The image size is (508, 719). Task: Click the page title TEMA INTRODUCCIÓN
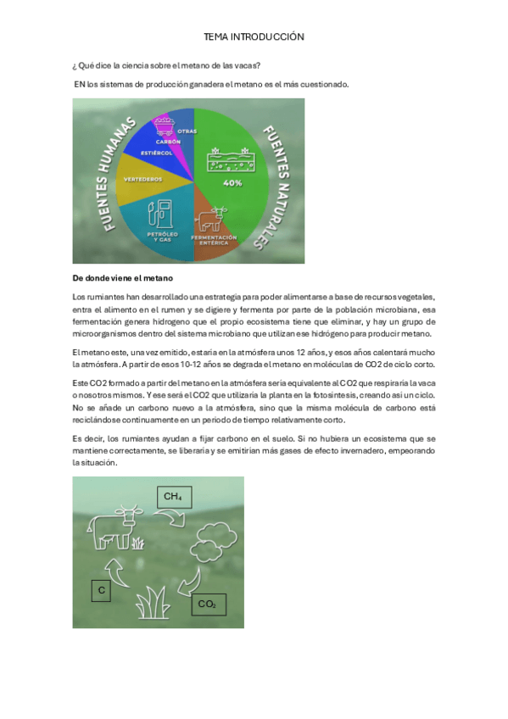(254, 37)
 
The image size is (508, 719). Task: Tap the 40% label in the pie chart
(232, 182)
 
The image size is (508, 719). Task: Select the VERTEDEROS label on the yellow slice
(142, 179)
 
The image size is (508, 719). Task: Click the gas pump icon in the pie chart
(159, 214)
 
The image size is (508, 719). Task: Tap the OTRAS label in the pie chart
(187, 131)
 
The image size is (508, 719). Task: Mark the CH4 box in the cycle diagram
(172, 496)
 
